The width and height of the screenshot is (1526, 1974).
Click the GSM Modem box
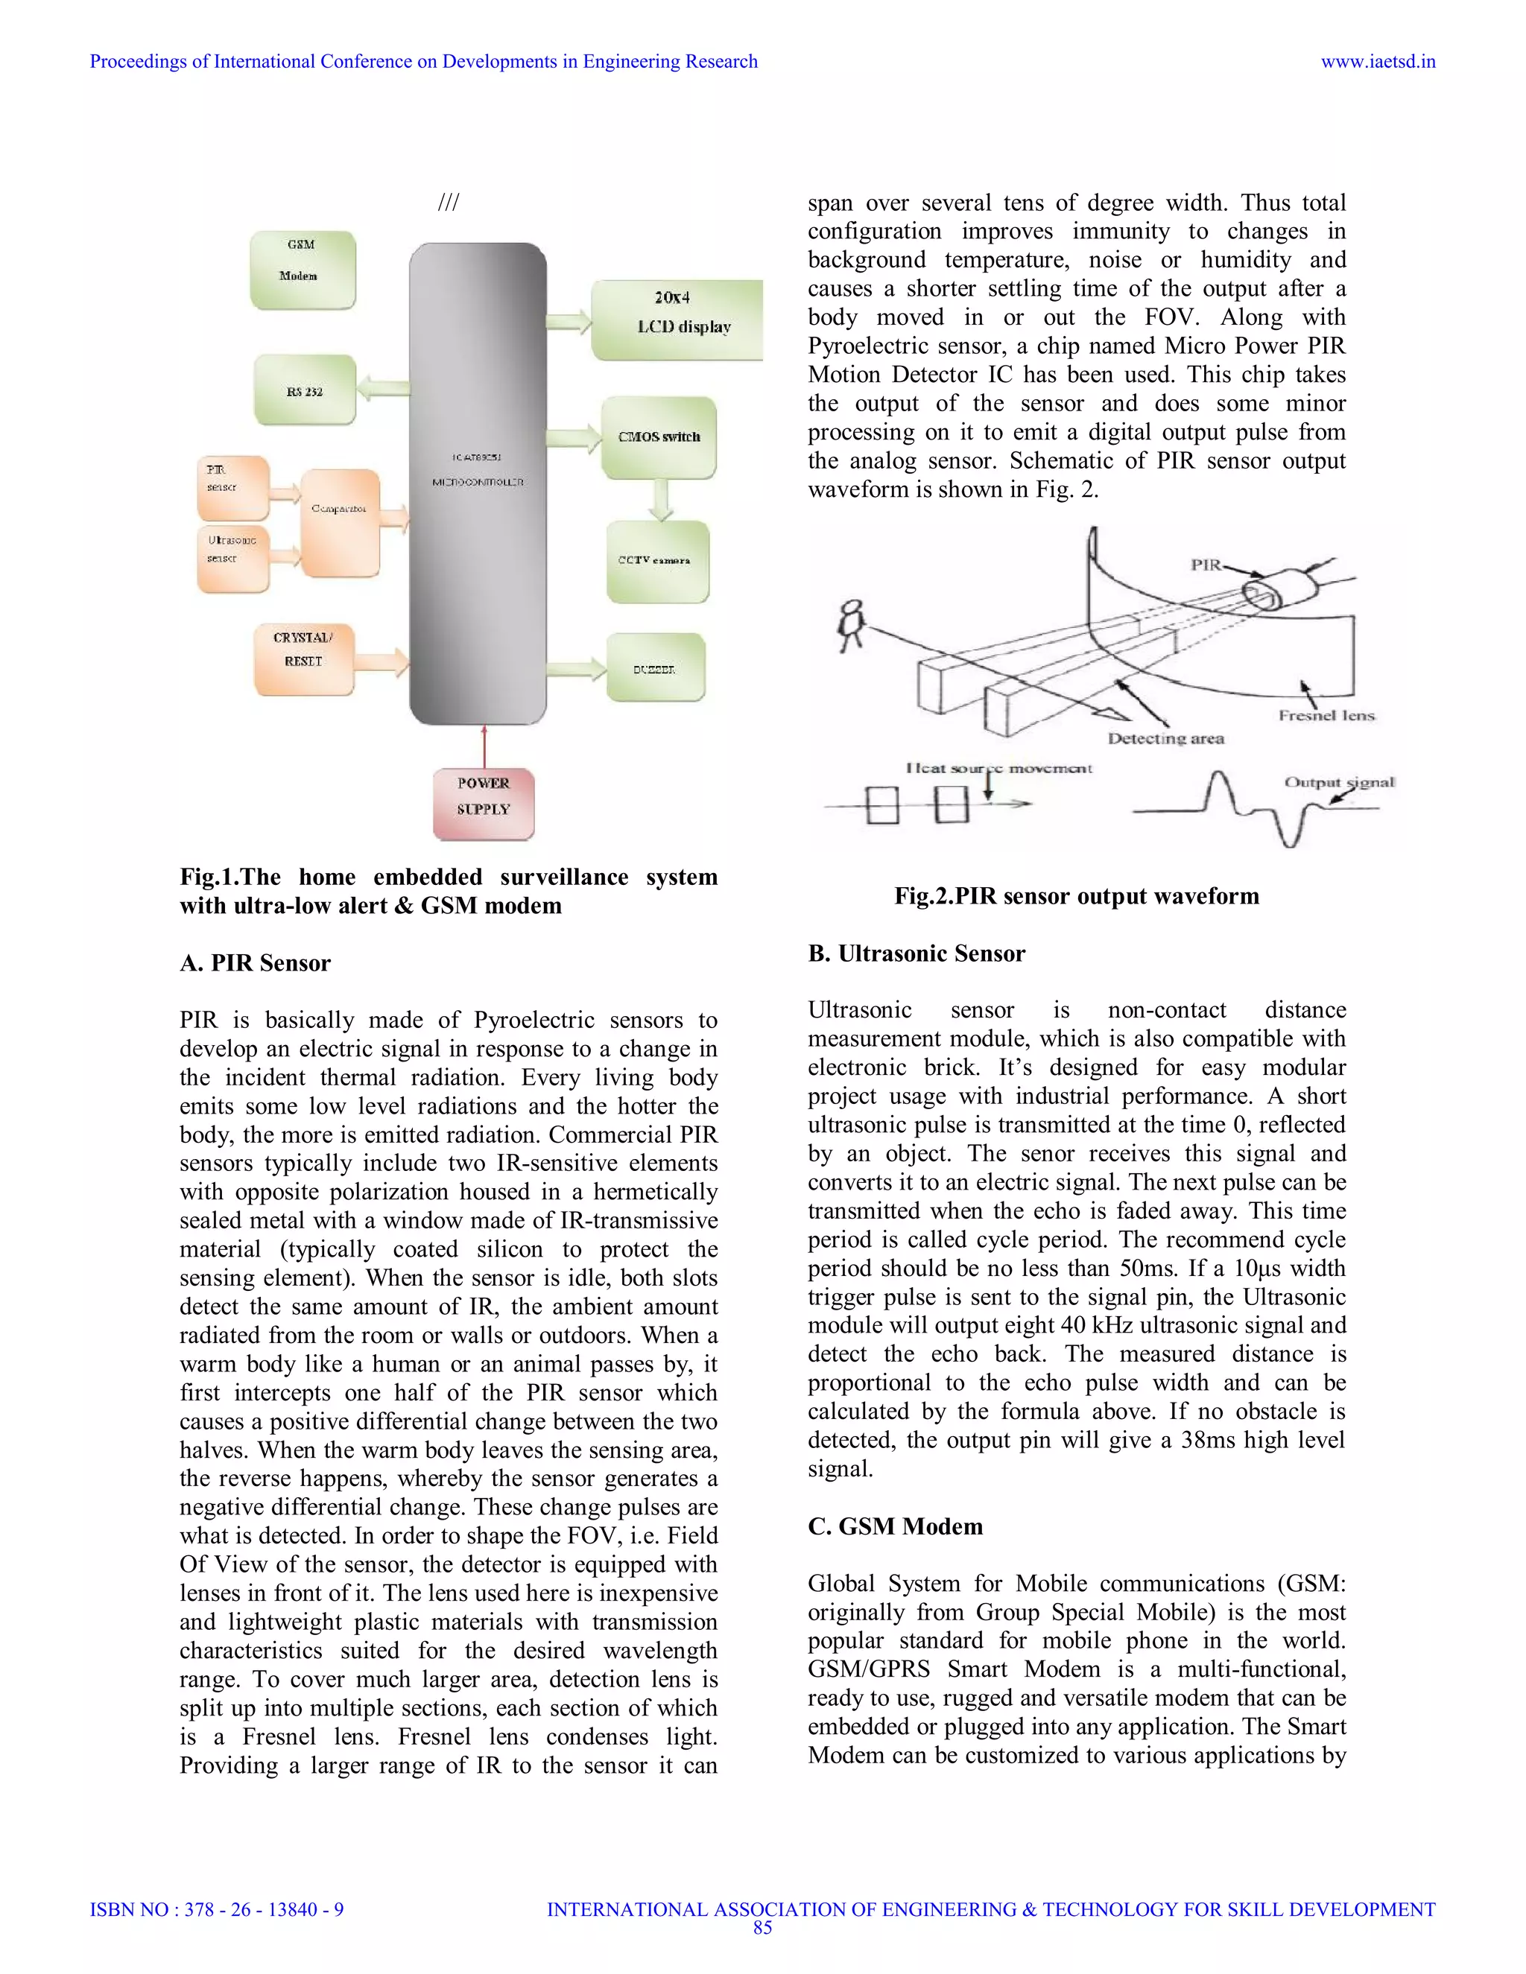302,270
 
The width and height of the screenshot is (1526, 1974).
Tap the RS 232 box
305,390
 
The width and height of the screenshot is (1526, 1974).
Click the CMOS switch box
659,437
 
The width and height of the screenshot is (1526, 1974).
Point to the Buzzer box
654,669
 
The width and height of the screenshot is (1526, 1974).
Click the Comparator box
340,521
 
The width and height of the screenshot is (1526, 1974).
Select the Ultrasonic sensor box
233,558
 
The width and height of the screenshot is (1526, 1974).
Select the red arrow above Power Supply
484,746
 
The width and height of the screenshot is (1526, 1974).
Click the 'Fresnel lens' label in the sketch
1326,715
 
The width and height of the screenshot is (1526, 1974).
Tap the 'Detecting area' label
1165,738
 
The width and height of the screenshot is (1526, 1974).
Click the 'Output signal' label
1339,782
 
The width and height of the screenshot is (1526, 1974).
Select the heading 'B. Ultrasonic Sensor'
916,953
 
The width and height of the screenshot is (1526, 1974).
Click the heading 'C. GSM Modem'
894,1526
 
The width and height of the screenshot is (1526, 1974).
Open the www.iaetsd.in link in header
1377,62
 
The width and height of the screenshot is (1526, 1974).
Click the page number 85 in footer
762,1928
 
